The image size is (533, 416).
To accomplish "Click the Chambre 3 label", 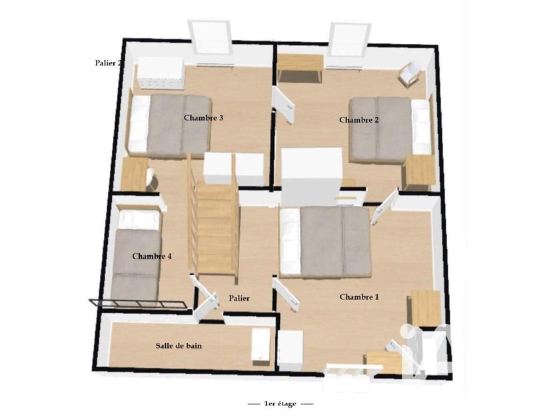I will tap(203, 118).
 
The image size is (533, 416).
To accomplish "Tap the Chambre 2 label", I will tap(359, 120).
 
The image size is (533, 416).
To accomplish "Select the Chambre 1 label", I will tap(359, 297).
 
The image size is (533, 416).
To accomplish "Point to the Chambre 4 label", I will tap(152, 256).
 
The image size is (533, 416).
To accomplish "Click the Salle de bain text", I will tap(179, 346).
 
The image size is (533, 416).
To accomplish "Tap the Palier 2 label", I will tap(107, 63).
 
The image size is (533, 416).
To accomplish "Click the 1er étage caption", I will tap(280, 404).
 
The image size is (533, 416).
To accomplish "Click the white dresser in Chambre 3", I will tap(160, 73).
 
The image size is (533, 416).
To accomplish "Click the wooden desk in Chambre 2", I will tap(300, 67).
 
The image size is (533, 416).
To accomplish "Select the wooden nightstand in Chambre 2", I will tap(420, 171).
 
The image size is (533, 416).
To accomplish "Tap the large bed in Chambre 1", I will tap(325, 242).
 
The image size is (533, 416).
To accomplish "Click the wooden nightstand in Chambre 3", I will tap(137, 175).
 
